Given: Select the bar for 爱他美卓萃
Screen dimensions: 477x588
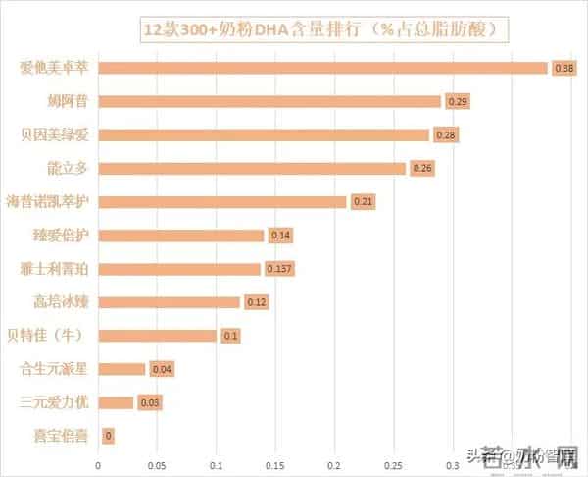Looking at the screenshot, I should point(323,68).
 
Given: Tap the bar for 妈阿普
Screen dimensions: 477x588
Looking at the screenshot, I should point(269,101).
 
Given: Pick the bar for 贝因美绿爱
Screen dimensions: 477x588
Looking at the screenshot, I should point(264,134).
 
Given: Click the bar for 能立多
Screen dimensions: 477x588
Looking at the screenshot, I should point(252,168).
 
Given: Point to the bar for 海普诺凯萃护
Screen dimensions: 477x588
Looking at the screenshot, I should point(222,201).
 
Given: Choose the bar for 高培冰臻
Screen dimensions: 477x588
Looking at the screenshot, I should point(169,301).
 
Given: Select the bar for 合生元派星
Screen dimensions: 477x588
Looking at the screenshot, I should point(122,369).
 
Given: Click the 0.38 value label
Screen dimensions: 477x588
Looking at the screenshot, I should point(563,69).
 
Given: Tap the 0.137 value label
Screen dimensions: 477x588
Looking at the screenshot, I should point(279,269).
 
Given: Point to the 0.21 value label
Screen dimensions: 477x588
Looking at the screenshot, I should point(363,202).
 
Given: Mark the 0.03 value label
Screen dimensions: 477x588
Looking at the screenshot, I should point(149,402).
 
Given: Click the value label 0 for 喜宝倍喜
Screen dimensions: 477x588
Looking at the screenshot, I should point(108,436).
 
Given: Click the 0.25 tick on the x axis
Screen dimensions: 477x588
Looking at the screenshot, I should point(394,465).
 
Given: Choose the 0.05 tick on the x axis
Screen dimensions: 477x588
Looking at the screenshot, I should point(157,465).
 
